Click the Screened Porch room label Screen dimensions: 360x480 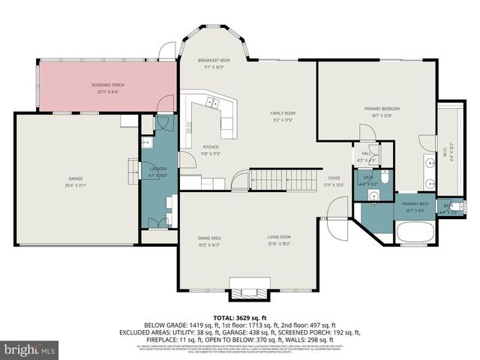coord(108,85)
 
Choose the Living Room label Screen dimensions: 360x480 coord(280,238)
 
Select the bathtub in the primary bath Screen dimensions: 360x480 coord(414,232)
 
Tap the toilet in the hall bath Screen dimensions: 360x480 coord(382,179)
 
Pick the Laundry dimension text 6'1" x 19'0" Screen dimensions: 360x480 coord(158,176)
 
